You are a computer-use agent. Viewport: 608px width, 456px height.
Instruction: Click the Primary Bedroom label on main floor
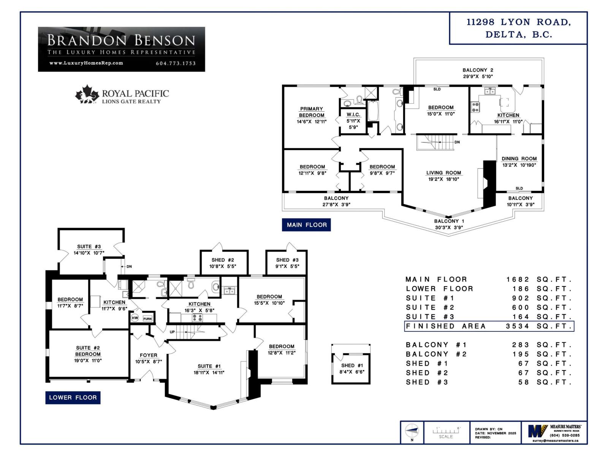pos(311,112)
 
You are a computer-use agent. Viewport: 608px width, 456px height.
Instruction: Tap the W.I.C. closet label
pos(353,114)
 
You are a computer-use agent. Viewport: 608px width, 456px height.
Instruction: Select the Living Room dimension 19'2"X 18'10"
pos(443,179)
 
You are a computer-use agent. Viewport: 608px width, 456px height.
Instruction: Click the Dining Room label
pos(519,158)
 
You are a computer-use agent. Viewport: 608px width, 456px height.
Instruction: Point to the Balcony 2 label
pos(478,70)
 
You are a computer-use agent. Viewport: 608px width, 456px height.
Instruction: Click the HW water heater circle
pos(135,318)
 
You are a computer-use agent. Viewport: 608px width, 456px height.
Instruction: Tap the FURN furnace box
pos(147,318)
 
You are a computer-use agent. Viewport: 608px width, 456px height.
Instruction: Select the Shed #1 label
pos(351,365)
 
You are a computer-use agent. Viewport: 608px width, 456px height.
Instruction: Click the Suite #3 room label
pos(89,246)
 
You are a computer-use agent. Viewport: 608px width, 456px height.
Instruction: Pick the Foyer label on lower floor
pos(148,355)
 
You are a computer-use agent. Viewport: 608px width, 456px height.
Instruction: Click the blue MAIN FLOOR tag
pos(306,225)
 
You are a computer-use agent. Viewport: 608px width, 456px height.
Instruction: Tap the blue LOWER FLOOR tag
pos(73,397)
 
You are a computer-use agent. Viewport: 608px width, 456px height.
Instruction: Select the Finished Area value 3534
pos(517,326)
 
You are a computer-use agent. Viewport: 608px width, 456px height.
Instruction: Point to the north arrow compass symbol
pos(412,431)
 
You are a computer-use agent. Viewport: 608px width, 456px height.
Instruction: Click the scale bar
pos(446,432)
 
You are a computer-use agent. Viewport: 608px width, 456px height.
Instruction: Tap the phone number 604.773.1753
pos(176,63)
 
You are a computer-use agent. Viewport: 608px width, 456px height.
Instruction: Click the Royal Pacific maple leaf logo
pos(87,94)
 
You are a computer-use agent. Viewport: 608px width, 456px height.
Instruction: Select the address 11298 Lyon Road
pos(518,22)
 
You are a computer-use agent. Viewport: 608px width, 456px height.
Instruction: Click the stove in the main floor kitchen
pos(475,107)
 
